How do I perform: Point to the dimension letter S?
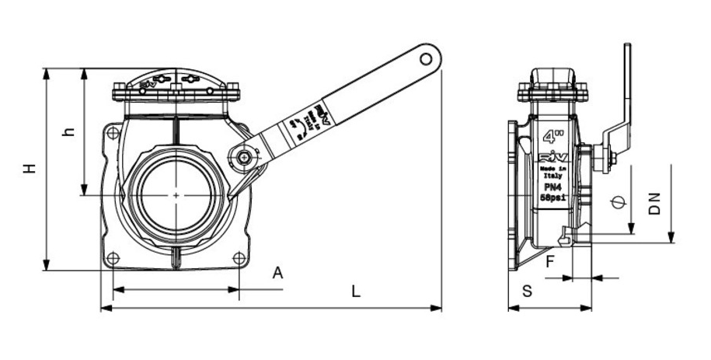(x=527, y=292)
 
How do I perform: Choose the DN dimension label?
(x=657, y=204)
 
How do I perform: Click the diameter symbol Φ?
(x=617, y=202)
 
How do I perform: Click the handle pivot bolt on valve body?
(x=245, y=158)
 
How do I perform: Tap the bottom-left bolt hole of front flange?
(x=113, y=258)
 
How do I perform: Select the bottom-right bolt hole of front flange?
(x=238, y=257)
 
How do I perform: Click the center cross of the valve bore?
(x=177, y=194)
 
